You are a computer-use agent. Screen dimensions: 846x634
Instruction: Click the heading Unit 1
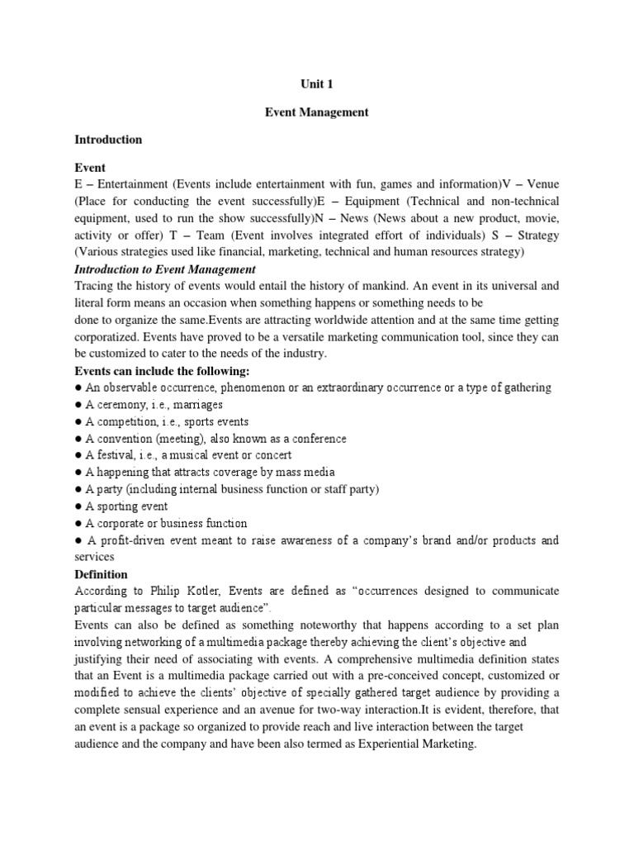[316, 83]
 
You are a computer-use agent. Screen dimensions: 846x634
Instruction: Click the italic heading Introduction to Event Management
[165, 269]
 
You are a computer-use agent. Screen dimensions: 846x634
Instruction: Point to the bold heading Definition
[101, 574]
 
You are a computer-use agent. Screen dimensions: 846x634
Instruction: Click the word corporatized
[110, 337]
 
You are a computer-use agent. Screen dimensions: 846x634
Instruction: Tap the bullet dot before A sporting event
[78, 506]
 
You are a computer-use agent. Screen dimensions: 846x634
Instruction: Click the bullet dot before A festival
[78, 455]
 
